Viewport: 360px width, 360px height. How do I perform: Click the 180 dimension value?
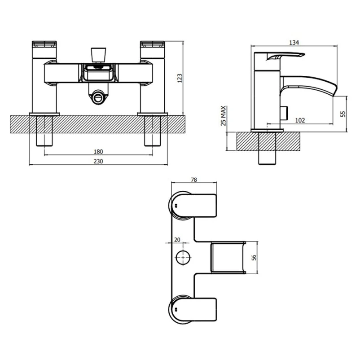click(98, 151)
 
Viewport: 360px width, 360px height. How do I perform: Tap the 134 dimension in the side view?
click(294, 43)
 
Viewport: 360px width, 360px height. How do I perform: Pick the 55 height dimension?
click(343, 114)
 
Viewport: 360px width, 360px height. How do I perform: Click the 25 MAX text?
click(224, 116)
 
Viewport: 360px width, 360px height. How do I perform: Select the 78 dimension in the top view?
click(194, 180)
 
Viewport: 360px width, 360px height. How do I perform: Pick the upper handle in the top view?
click(193, 206)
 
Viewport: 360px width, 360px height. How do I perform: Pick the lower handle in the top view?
click(193, 308)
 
